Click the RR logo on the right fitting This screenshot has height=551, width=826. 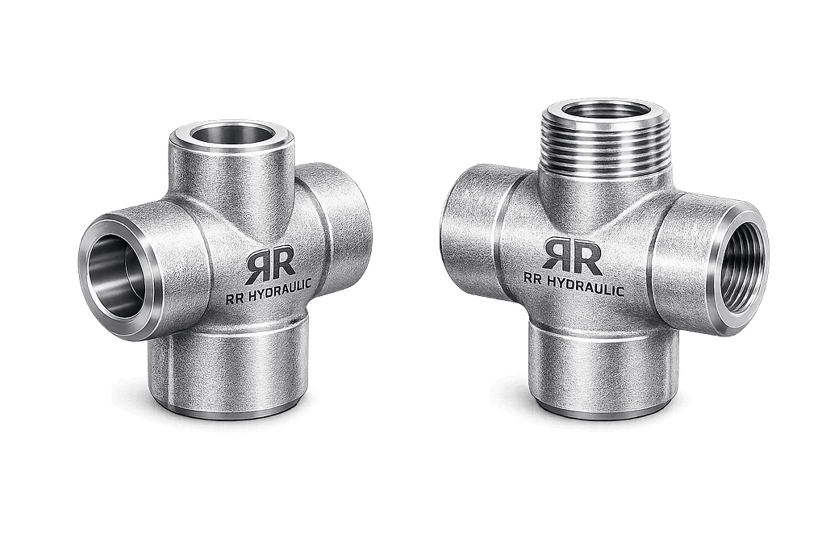pos(573,256)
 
